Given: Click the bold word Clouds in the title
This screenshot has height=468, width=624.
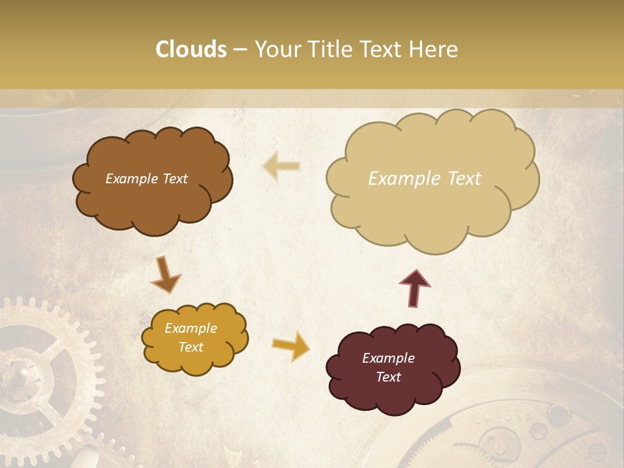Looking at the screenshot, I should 191,49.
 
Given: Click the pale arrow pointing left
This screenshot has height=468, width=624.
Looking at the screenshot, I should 281,166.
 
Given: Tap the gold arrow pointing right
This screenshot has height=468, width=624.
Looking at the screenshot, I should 291,345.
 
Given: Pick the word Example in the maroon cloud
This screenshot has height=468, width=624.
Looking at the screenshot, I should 388,358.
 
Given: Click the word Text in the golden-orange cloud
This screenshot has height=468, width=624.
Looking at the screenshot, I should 190,347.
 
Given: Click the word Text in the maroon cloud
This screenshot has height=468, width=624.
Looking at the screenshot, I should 388,377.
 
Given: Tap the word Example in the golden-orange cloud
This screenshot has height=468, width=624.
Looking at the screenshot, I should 190,328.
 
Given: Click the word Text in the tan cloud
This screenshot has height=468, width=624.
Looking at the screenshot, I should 464,179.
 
